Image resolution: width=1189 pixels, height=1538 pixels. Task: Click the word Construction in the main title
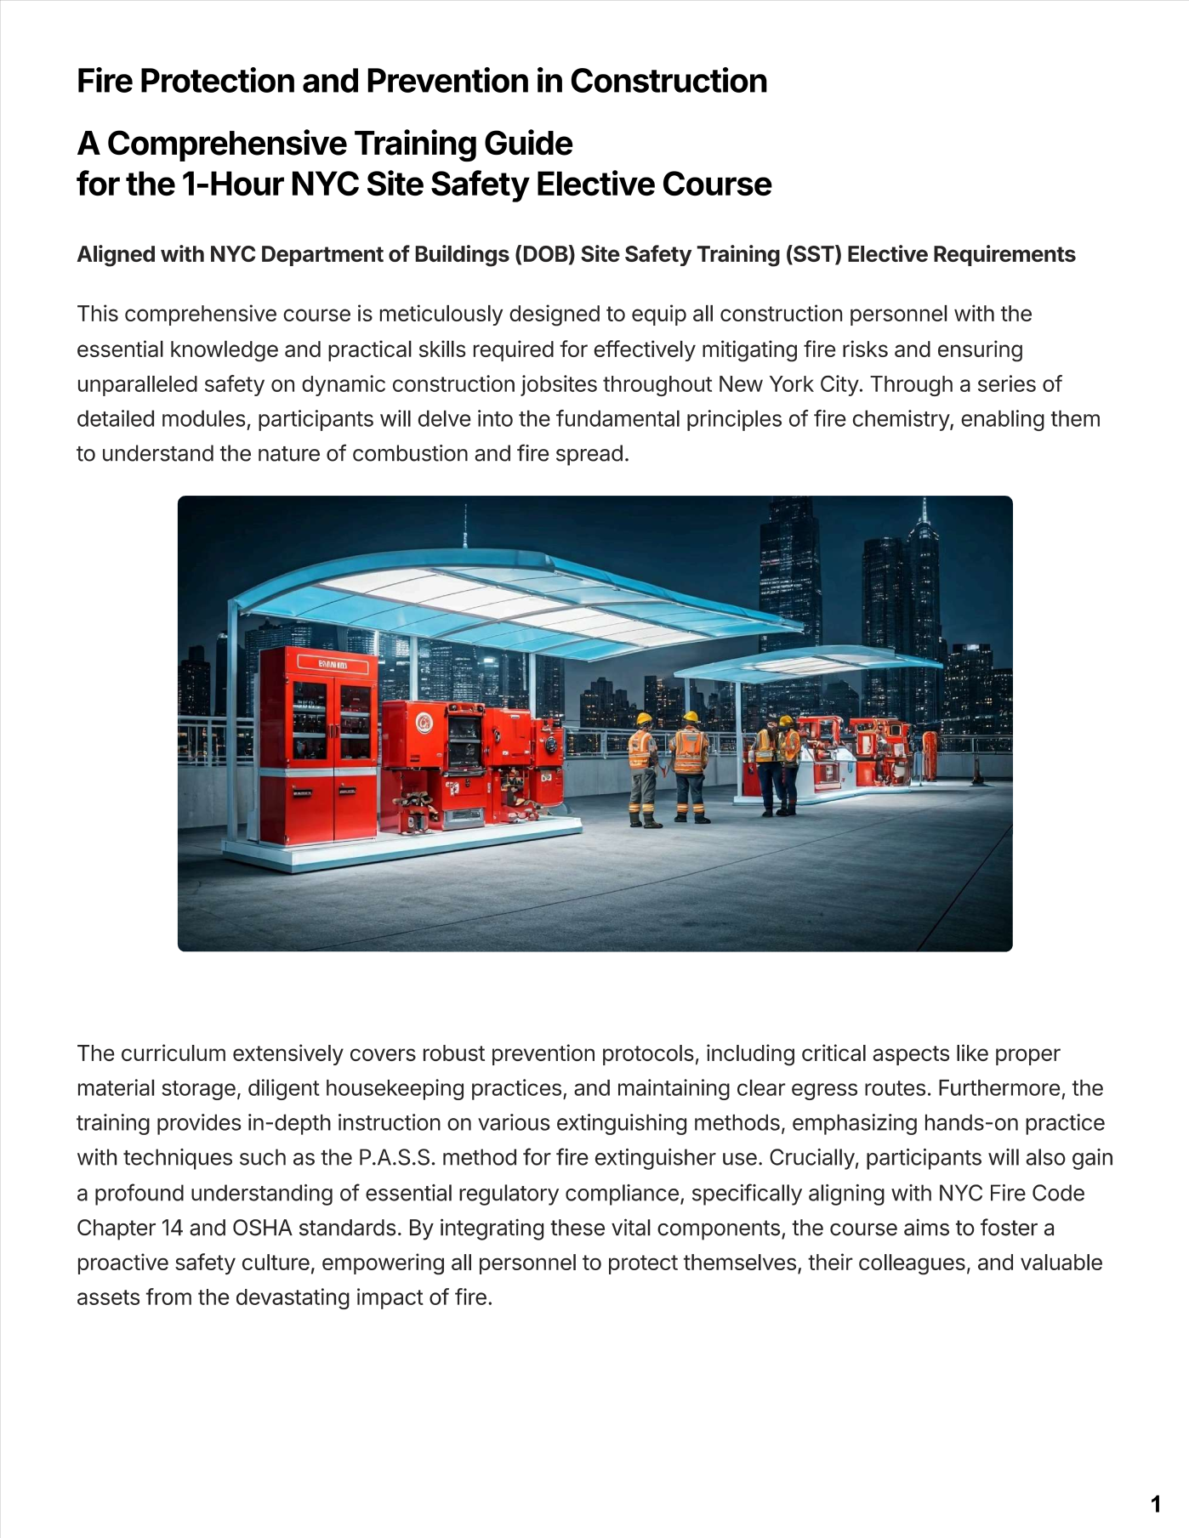pyautogui.click(x=668, y=82)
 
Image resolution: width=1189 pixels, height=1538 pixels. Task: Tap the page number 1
pyautogui.click(x=1155, y=1504)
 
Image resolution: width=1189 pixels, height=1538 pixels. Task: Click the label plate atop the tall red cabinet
pyautogui.click(x=333, y=664)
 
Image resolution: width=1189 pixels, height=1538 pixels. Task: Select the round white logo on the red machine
pyautogui.click(x=423, y=723)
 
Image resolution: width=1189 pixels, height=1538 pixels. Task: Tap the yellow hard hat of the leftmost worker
pyautogui.click(x=644, y=718)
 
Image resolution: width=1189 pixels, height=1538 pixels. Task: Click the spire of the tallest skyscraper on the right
pyautogui.click(x=924, y=511)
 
